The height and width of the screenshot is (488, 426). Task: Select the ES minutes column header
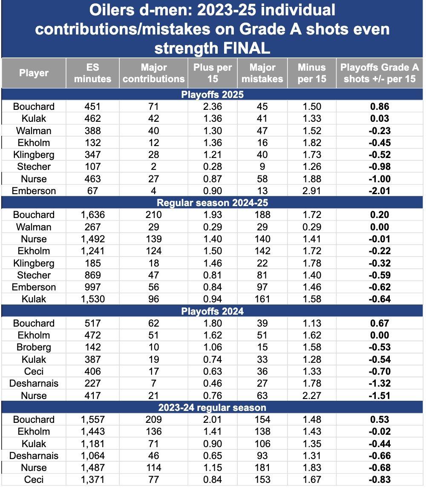[x=92, y=73]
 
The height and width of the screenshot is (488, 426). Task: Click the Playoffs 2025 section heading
[x=213, y=94]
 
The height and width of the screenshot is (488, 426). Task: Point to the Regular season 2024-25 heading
[x=213, y=203]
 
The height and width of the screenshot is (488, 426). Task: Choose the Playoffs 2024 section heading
[x=213, y=311]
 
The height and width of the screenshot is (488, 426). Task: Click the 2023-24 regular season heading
[x=213, y=408]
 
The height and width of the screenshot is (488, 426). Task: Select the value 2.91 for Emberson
[x=312, y=191]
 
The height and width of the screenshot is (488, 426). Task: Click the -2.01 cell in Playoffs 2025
[x=380, y=191]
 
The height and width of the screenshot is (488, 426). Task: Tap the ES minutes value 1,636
[x=92, y=215]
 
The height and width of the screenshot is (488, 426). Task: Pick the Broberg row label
[x=34, y=347]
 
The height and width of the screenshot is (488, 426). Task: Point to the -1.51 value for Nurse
[x=380, y=396]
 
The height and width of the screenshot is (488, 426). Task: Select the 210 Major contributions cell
[x=153, y=215]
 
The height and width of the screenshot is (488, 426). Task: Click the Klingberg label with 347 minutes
[x=34, y=155]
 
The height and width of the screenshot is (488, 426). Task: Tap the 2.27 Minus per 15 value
[x=312, y=396]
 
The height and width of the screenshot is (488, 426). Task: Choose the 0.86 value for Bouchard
[x=380, y=106]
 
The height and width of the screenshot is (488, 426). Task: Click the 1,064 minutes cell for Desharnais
[x=92, y=456]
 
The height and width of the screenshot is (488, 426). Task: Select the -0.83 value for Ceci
[x=380, y=479]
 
